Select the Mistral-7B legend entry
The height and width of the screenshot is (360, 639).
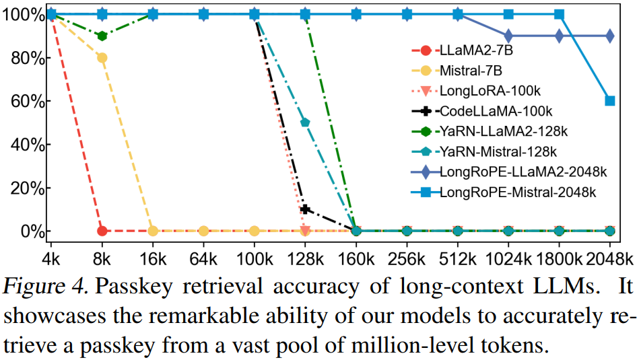[471, 70]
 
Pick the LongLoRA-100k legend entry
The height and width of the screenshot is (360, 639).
[481, 90]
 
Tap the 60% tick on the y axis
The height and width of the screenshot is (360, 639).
[26, 102]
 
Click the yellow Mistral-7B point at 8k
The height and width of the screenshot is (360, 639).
[102, 58]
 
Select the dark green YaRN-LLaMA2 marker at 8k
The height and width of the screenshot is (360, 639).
[102, 36]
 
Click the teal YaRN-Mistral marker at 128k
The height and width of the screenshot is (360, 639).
[305, 122]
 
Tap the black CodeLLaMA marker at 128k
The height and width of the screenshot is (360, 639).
[305, 209]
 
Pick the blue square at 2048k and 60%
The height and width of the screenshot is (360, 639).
[610, 101]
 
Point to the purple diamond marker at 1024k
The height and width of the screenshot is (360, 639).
[508, 36]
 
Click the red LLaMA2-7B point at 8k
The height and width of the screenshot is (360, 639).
[102, 231]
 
